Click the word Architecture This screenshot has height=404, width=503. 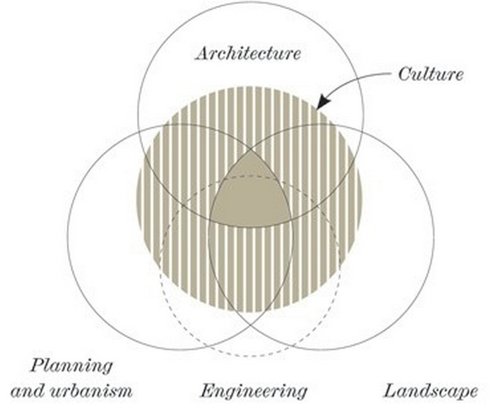[248, 53]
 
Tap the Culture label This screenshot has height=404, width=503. [431, 74]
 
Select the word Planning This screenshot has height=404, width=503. [71, 366]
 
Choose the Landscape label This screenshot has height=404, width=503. [431, 391]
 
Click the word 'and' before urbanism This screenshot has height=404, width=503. [28, 391]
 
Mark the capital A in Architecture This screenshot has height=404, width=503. [203, 53]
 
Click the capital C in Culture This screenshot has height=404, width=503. [405, 74]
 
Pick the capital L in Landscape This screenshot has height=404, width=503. [392, 391]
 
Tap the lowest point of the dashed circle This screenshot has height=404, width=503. [250, 356]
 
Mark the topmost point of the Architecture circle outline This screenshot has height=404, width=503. [250, 2]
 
